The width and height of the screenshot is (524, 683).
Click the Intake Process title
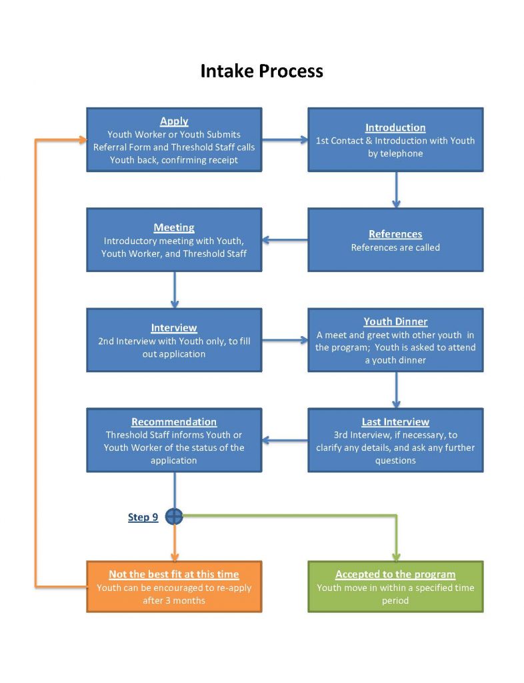(261, 71)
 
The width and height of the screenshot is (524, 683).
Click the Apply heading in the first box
(174, 121)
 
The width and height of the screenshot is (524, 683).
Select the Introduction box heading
(395, 127)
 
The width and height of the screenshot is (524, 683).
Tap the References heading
(395, 234)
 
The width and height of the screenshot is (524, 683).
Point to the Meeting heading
(174, 227)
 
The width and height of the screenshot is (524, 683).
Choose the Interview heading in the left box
(174, 327)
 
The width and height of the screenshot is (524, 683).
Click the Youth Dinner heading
(395, 321)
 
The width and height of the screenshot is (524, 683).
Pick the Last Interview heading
(395, 422)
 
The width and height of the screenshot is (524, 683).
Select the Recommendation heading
(174, 422)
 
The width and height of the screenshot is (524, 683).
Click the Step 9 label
(143, 517)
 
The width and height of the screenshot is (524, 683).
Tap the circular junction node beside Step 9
(174, 516)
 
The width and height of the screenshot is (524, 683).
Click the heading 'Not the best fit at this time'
(174, 574)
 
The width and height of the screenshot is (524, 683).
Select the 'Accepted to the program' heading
(395, 574)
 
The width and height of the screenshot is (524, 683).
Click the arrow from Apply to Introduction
(285, 140)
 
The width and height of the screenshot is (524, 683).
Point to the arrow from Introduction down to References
(396, 189)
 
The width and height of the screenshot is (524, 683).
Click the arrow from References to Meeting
(285, 240)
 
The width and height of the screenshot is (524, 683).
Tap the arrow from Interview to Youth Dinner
(285, 340)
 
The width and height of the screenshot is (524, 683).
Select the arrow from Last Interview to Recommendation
(285, 440)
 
